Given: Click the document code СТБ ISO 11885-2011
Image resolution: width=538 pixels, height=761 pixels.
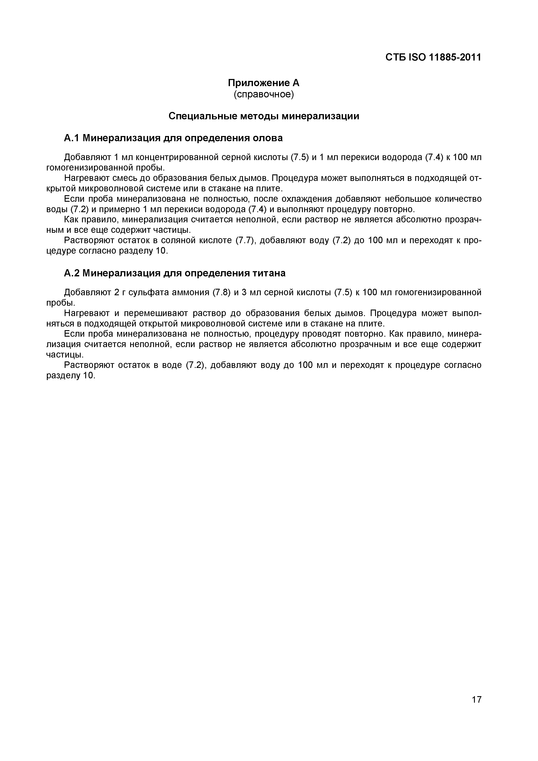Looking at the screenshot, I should click(x=433, y=57).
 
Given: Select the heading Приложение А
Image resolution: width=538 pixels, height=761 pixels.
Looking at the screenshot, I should click(x=264, y=82).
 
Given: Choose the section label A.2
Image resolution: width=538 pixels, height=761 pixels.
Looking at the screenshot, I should click(x=71, y=273).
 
